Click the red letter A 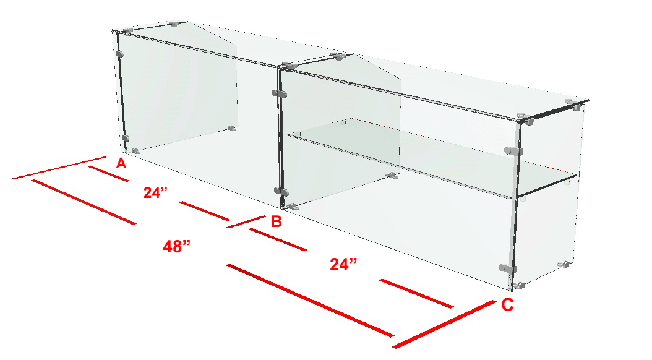pyautogui.click(x=121, y=163)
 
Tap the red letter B pyautogui.click(x=276, y=221)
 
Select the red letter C pyautogui.click(x=507, y=305)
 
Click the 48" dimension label pyautogui.click(x=177, y=247)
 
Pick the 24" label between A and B pyautogui.click(x=155, y=192)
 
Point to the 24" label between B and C pyautogui.click(x=343, y=264)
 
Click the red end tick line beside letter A pyautogui.click(x=60, y=168)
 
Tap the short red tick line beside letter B pyautogui.click(x=247, y=221)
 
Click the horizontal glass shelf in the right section pyautogui.click(x=432, y=157)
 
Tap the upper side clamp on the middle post pyautogui.click(x=279, y=93)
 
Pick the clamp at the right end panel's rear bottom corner pyautogui.click(x=564, y=264)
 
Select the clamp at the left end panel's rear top pyautogui.click(x=174, y=24)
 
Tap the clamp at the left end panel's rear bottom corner pyautogui.click(x=233, y=128)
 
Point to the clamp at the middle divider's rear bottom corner pyautogui.click(x=392, y=176)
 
